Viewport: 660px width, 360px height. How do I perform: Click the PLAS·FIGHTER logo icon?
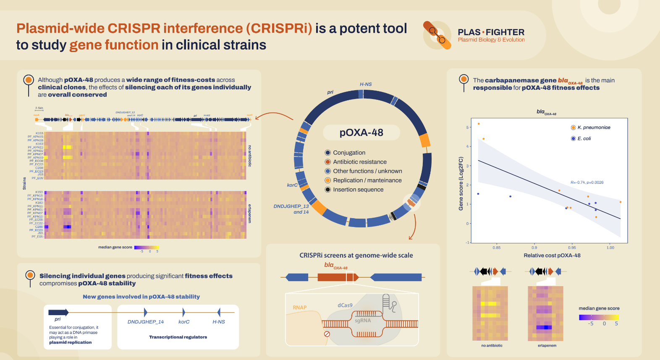(x=437, y=35)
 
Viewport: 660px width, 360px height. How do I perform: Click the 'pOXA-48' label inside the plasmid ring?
(x=361, y=133)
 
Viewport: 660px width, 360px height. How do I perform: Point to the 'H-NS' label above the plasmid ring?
(x=366, y=84)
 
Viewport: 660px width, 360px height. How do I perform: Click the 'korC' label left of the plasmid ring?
(x=292, y=185)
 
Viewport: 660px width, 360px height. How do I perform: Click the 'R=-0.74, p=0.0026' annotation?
(x=587, y=183)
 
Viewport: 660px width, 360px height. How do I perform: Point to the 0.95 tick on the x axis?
(x=572, y=248)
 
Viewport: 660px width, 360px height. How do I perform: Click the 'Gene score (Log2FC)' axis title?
(x=461, y=183)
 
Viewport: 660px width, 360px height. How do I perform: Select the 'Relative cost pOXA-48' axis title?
(x=552, y=256)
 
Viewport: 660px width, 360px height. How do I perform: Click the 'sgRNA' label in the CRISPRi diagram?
(x=363, y=321)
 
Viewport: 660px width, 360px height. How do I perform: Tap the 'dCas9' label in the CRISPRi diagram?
(x=345, y=305)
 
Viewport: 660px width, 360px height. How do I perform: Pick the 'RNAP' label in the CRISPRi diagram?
(x=300, y=308)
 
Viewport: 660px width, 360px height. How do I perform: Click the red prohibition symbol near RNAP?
(x=327, y=334)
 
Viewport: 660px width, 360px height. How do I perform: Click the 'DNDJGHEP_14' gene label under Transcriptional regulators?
(x=146, y=322)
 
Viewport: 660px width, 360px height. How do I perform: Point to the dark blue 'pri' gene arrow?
(x=58, y=312)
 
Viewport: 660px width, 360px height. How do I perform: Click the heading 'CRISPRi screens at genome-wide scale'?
(x=356, y=256)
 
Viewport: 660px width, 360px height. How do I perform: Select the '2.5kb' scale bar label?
(x=39, y=108)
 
